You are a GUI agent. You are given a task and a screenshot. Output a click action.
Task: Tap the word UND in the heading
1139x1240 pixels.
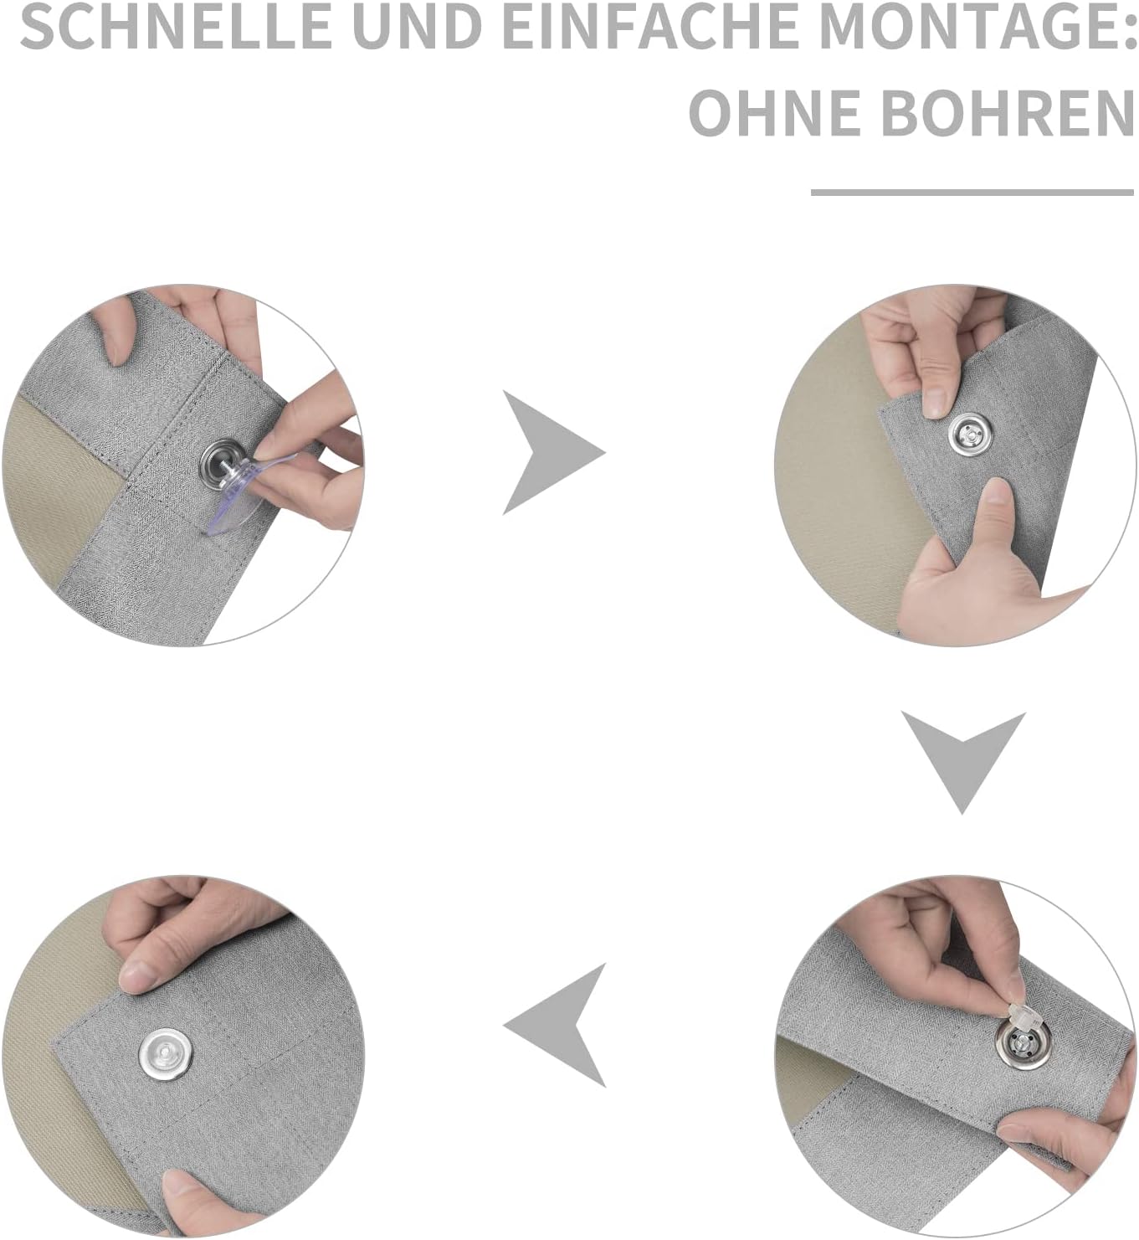pos(422,27)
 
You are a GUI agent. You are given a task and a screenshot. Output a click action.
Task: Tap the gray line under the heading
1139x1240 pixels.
pos(972,193)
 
